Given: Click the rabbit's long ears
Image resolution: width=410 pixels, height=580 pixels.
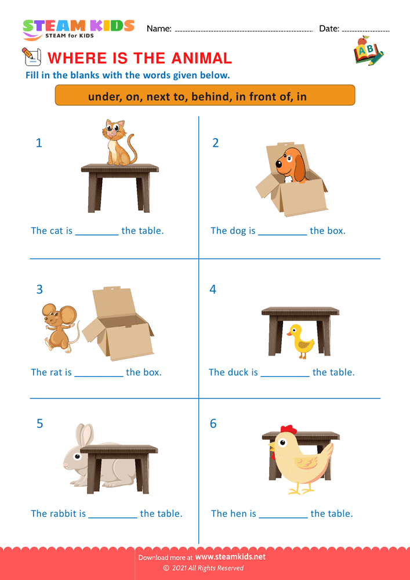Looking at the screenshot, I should (84, 436).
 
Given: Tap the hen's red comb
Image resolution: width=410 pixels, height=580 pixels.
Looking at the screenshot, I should (288, 430).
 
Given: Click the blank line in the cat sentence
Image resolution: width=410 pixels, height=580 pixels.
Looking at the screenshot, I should (97, 231).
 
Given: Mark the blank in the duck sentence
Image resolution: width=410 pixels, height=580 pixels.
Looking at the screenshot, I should (285, 373).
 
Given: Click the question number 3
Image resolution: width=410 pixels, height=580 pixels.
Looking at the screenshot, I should (39, 289).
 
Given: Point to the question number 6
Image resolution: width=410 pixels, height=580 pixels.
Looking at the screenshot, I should (213, 424).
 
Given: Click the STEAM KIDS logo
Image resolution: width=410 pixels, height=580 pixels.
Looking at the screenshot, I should (78, 28).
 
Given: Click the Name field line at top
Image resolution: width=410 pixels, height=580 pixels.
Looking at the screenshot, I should (244, 30).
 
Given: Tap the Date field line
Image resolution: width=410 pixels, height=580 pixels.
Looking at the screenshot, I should (366, 30).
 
